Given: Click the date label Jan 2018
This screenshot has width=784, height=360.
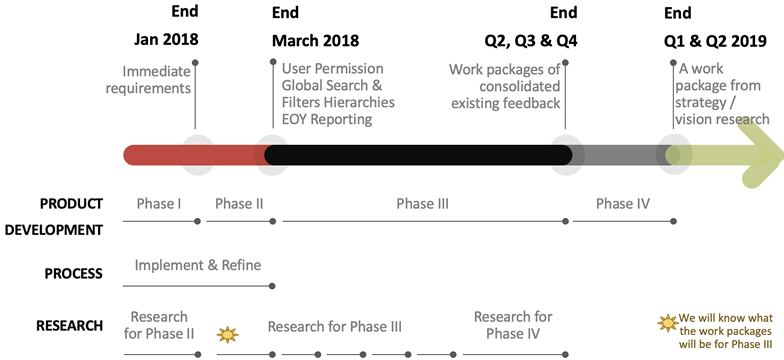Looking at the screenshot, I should (x=167, y=41).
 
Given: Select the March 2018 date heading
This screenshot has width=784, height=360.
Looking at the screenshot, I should (x=315, y=41).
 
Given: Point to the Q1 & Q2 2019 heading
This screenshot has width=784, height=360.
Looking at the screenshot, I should (x=716, y=41).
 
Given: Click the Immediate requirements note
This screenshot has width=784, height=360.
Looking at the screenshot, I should (x=156, y=80).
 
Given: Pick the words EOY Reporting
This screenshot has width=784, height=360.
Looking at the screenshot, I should (x=326, y=120).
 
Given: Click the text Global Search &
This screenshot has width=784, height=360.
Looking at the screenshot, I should (x=332, y=86).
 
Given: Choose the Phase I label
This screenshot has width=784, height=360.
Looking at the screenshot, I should (x=158, y=204).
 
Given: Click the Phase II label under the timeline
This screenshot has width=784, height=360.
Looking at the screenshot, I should (x=239, y=204).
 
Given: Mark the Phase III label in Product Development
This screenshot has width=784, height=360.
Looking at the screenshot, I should (x=422, y=204).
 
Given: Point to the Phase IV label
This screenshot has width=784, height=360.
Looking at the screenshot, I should (x=622, y=204).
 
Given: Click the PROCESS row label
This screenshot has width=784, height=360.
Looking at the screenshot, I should (x=74, y=273).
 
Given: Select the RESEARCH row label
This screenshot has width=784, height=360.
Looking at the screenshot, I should (x=69, y=325).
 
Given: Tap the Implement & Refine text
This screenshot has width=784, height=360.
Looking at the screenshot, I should (x=198, y=265).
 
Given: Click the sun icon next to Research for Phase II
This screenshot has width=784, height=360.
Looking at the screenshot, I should (x=229, y=333).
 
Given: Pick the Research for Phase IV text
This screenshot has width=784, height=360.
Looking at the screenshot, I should (x=513, y=325).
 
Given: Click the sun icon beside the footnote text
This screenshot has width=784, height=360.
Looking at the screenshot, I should (x=664, y=322).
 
